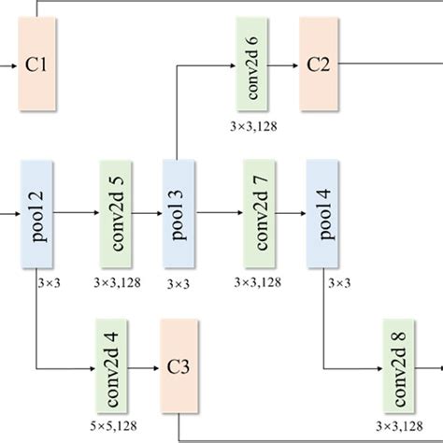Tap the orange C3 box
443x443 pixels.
pyautogui.click(x=179, y=365)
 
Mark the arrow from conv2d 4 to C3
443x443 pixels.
pyautogui.click(x=146, y=366)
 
